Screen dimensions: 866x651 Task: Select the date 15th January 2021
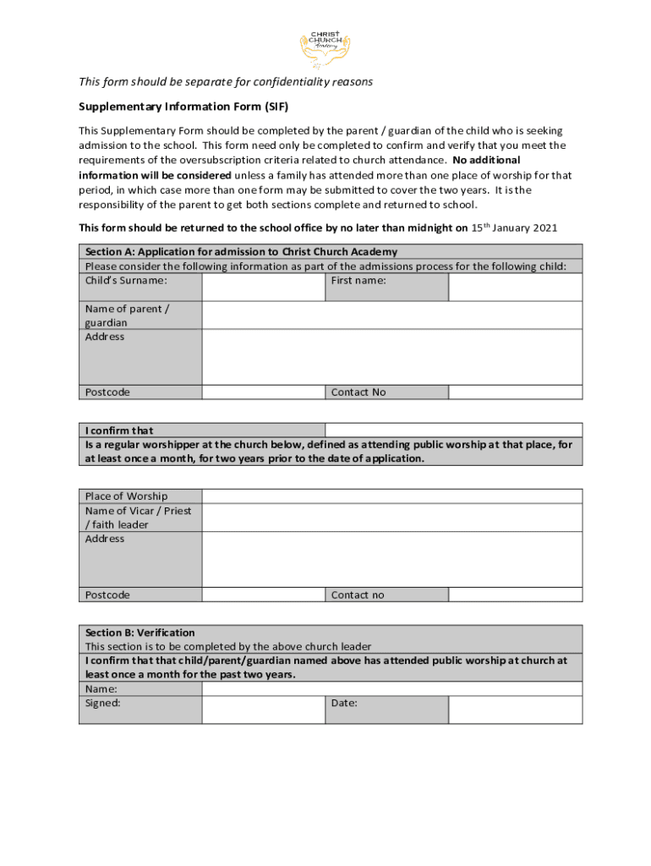tap(514, 227)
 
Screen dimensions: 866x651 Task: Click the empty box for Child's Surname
tap(263, 287)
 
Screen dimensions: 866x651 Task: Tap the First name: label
tap(358, 280)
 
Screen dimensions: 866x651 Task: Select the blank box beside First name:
tap(514, 287)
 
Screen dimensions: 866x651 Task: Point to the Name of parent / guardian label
tap(127, 315)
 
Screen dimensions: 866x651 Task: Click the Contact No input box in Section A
tap(514, 392)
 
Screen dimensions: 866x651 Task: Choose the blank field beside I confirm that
tap(453, 430)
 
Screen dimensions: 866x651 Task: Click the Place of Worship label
tap(126, 496)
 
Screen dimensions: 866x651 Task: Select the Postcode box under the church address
tap(263, 595)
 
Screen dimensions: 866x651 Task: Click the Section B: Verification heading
tap(140, 633)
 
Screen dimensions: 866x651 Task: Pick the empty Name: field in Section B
tap(391, 688)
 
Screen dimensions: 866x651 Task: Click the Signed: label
tap(103, 703)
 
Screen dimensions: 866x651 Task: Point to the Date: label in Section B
tap(344, 703)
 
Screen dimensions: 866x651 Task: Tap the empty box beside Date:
tap(514, 710)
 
